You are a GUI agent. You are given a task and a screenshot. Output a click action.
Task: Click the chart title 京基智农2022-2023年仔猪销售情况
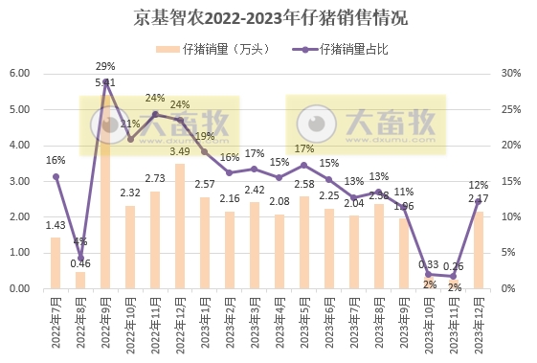coord(267,18)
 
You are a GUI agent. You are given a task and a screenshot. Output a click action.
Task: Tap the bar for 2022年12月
coord(179,226)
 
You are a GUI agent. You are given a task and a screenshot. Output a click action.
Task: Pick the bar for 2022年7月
coord(56,262)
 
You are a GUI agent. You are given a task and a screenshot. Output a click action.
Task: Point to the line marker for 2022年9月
coord(105,81)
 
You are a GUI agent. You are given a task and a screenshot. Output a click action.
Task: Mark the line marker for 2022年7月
coord(56,176)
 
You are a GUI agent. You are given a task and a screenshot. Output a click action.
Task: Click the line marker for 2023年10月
coord(428,274)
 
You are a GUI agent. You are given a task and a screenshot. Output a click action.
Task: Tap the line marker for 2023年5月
coord(303,165)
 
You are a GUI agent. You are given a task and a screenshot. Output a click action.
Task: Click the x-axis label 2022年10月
coord(130,326)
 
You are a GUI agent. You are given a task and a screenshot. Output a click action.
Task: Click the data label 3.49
coord(179,151)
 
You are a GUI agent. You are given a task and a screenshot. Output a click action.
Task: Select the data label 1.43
coord(56,224)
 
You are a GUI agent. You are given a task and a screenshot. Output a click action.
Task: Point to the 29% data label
coord(105,66)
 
